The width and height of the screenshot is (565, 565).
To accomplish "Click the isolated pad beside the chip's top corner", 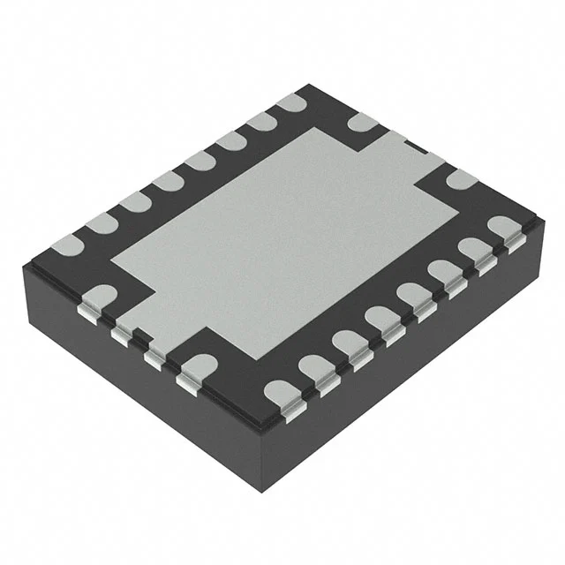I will tap(362, 123).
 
